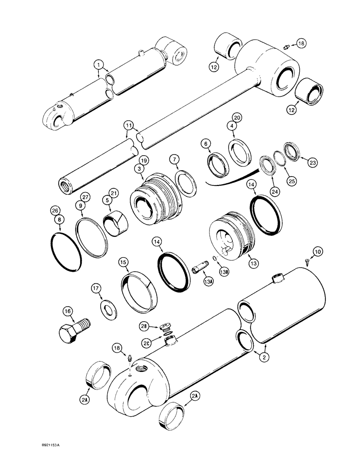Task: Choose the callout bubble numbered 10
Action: tap(317, 252)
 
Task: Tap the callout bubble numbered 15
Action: tap(123, 263)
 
